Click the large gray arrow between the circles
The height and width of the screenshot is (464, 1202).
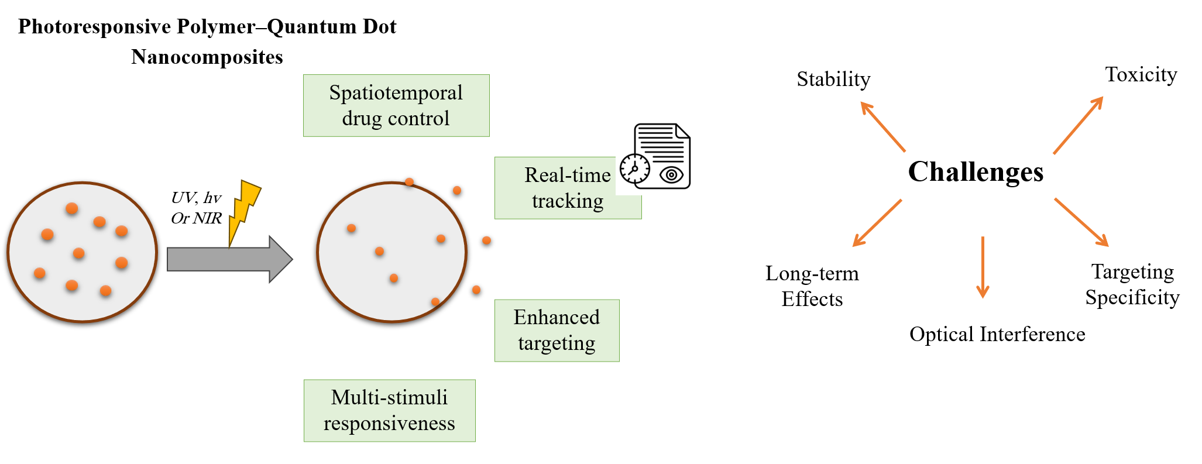(x=228, y=259)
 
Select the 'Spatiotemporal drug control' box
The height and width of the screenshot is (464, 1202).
(x=396, y=105)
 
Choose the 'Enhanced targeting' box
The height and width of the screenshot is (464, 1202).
(x=557, y=330)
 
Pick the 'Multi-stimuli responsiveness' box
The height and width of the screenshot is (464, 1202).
(x=389, y=410)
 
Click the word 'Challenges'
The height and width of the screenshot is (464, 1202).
(x=976, y=172)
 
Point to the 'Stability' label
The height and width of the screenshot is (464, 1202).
(x=833, y=79)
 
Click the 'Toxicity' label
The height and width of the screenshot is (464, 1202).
(x=1141, y=74)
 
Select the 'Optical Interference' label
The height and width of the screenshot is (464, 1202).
(x=997, y=334)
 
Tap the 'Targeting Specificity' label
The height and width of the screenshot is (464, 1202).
(x=1132, y=284)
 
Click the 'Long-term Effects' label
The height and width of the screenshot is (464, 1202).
(x=812, y=286)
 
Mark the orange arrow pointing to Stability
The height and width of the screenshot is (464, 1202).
(x=883, y=126)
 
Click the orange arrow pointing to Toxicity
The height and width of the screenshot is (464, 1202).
(x=1078, y=125)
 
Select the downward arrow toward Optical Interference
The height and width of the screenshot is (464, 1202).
(x=983, y=267)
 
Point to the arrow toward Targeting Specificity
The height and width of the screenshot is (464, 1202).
(x=1081, y=222)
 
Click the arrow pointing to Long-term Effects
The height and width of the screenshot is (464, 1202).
(x=877, y=223)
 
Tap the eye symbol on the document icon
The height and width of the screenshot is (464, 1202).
(x=671, y=174)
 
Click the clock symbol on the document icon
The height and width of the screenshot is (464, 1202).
(x=634, y=169)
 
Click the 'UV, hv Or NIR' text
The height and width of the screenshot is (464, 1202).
(x=196, y=208)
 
